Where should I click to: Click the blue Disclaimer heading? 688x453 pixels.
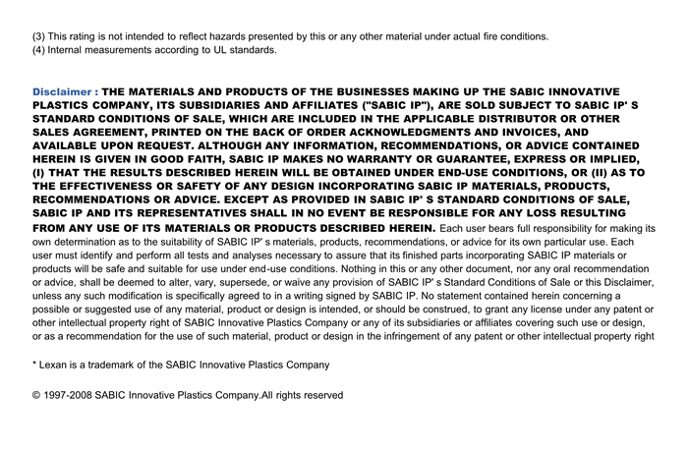pos(64,90)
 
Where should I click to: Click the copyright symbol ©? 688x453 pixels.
pos(36,395)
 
